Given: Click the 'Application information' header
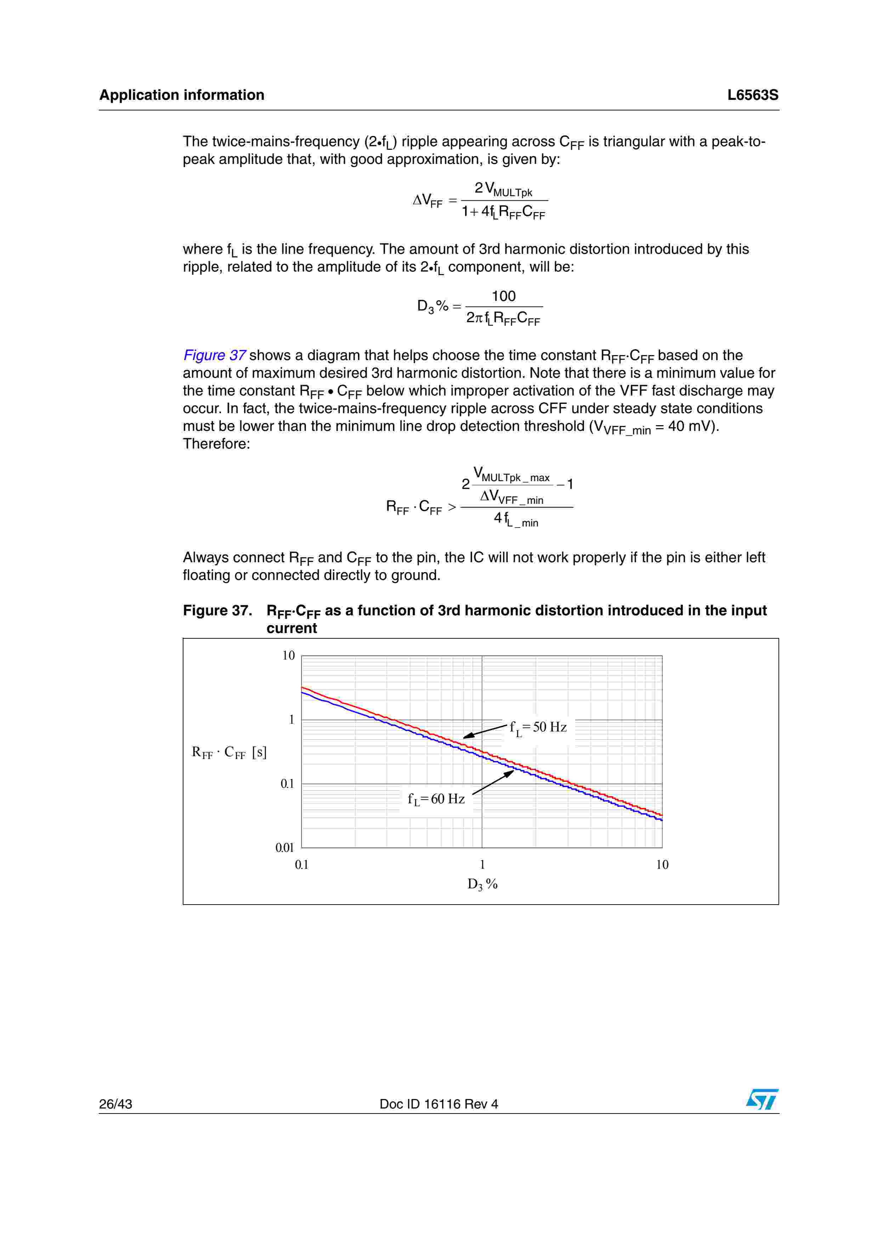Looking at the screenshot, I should (x=182, y=95).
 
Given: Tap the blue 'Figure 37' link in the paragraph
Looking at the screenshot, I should (x=215, y=355).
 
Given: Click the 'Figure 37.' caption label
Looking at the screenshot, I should (x=217, y=611).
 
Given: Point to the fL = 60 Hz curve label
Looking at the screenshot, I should (x=436, y=799).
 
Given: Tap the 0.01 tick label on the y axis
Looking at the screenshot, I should (x=284, y=848).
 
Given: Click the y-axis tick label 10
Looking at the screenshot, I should (x=288, y=656).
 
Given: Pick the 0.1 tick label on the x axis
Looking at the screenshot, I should (x=301, y=865).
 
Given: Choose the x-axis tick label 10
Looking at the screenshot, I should (x=662, y=865).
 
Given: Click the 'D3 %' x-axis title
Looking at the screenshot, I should (x=482, y=884).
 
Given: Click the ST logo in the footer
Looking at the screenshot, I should (x=762, y=1100).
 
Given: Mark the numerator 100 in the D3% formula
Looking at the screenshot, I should (x=504, y=296).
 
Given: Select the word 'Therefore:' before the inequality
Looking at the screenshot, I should (x=216, y=444).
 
